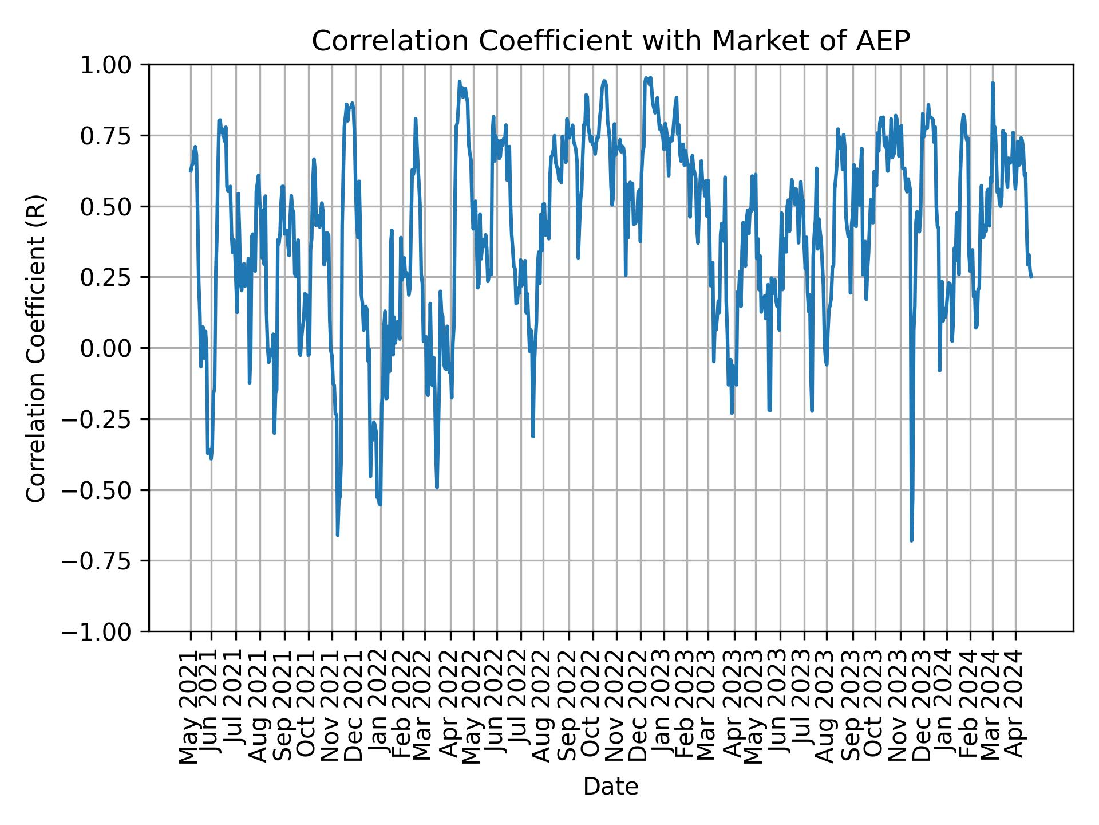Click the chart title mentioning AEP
coord(610,41)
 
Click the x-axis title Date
coord(610,787)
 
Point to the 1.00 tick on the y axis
coord(113,65)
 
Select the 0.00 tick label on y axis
coord(113,348)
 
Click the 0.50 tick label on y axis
coord(113,207)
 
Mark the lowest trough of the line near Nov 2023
coord(911,540)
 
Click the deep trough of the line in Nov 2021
coord(338,535)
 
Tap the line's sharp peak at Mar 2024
coord(993,83)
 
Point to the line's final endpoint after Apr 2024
coord(1031,277)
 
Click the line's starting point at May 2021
coord(191,171)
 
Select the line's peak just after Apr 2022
coord(460,82)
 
